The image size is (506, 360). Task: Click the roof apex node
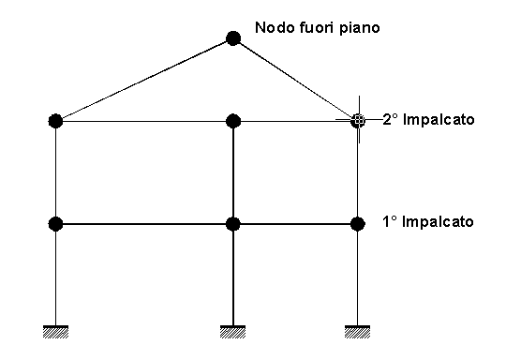(x=233, y=38)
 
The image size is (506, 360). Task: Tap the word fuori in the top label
(x=317, y=27)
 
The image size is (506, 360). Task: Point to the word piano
(x=359, y=28)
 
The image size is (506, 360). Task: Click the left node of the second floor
(x=55, y=121)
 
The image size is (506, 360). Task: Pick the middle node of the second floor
(x=233, y=121)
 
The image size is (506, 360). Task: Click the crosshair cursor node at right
(x=358, y=120)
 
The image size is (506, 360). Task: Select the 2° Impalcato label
(x=428, y=120)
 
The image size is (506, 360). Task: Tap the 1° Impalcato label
(x=428, y=222)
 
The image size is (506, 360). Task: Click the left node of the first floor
(x=55, y=224)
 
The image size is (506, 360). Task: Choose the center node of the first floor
(x=233, y=224)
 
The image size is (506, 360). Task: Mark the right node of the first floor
(x=358, y=224)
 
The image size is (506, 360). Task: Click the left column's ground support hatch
(x=55, y=332)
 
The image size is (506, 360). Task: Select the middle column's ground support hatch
(x=233, y=332)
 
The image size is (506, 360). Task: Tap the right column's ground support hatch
(x=358, y=332)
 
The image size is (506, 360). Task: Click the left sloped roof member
(x=144, y=80)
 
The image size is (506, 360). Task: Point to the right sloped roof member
(x=295, y=80)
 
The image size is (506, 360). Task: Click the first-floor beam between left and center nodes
(x=144, y=224)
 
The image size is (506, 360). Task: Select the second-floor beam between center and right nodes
(x=295, y=121)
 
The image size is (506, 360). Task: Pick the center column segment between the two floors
(x=233, y=172)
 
